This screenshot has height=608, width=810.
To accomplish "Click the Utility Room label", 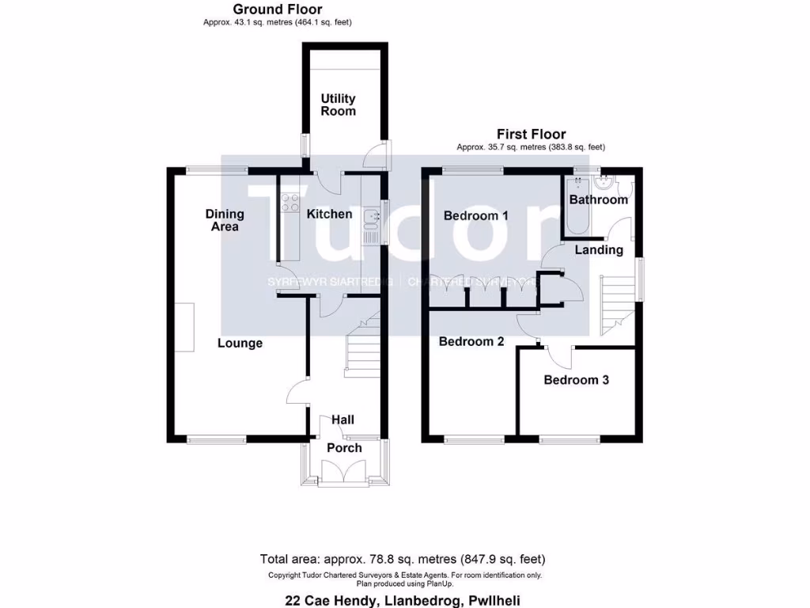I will coord(338,105).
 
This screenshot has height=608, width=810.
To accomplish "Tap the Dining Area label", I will coord(225,220).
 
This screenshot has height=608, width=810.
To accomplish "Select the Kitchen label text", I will coord(329,214).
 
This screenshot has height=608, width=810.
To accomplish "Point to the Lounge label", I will coord(240,343).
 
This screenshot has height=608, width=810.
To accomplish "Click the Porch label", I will coord(344,448).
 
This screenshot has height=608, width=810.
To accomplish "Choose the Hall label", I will coord(343,420).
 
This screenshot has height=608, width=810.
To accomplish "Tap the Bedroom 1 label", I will coord(475,215).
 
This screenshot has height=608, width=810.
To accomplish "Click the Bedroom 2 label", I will coord(471,342).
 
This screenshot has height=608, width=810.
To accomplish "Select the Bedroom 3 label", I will coord(576,380).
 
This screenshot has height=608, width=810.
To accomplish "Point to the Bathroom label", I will coord(599,199).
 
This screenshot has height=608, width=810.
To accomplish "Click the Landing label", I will coord(599,249).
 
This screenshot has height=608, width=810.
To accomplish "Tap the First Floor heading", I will coord(531,134).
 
